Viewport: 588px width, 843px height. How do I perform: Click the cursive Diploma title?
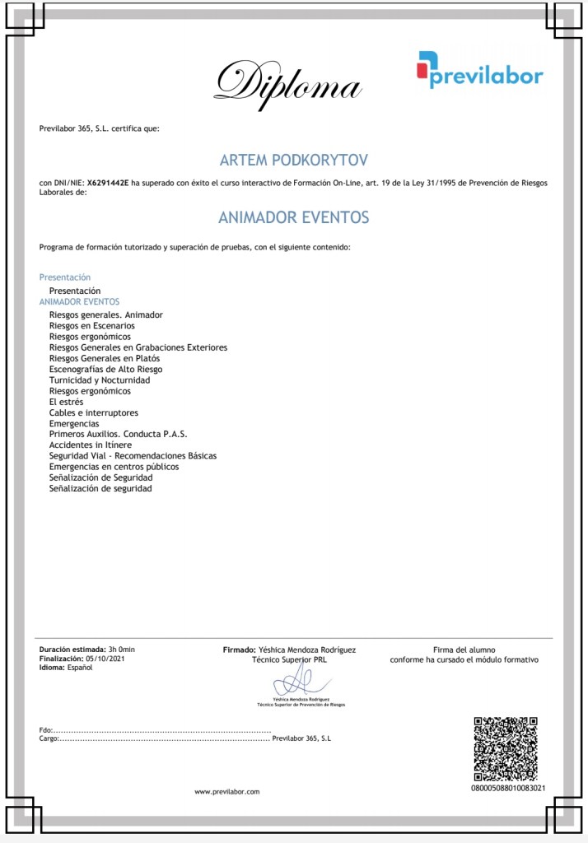[288, 83]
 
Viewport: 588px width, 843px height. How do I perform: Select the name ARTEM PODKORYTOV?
[293, 159]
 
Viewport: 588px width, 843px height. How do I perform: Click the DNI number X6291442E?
[109, 183]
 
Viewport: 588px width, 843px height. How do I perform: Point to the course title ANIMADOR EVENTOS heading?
[293, 217]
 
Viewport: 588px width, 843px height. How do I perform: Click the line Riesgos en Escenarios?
[91, 326]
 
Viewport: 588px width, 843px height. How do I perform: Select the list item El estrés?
[66, 402]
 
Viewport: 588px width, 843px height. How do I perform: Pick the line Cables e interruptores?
[94, 412]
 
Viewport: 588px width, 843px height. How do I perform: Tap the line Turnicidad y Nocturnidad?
[100, 380]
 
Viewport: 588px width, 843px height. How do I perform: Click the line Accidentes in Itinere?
[91, 445]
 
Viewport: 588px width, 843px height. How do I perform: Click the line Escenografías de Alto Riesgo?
[105, 370]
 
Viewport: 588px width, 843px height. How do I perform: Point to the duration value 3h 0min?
[121, 650]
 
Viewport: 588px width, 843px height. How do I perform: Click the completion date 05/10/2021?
[105, 659]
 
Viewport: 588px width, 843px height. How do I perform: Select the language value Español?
[80, 668]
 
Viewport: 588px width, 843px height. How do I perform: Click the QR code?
[505, 748]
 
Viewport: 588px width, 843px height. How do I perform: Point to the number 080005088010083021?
[507, 789]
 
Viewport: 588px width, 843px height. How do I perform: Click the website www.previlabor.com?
[226, 792]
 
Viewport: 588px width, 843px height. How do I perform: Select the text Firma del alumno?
[464, 650]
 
